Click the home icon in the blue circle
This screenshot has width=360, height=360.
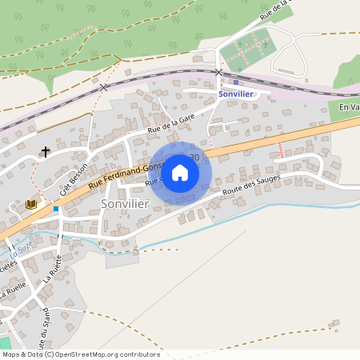click(180, 173)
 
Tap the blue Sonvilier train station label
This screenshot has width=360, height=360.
click(236, 94)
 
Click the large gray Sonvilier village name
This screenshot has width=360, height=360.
click(126, 204)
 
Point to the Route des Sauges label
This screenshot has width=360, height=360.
click(249, 190)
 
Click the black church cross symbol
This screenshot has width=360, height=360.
click(46, 150)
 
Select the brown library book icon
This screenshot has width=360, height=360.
click(31, 205)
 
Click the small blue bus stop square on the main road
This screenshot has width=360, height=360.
click(56, 209)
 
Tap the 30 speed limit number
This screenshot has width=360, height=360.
click(194, 158)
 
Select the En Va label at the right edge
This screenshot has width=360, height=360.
click(349, 108)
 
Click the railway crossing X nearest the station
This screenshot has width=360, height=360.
click(219, 72)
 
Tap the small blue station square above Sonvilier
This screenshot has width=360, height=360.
click(235, 82)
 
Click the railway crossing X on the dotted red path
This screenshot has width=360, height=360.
click(104, 86)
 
